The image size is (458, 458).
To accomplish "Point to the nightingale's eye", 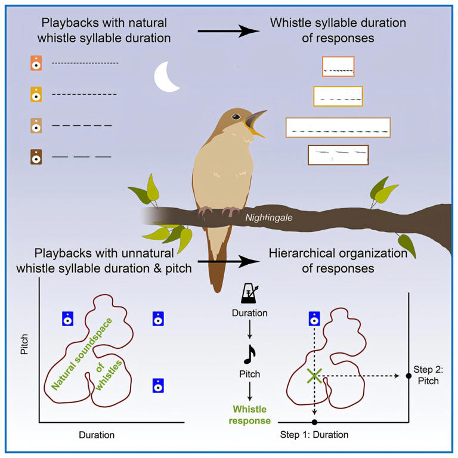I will click(237, 116).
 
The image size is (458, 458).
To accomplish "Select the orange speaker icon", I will click(36, 63).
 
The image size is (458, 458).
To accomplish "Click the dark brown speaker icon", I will click(36, 157).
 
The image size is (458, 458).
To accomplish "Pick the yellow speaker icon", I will click(36, 94).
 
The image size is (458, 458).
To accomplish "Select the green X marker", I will click(314, 375).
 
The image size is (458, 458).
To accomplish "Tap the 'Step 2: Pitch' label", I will click(425, 376).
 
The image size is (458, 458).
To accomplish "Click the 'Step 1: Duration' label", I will click(314, 435).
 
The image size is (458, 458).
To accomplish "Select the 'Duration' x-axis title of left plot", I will click(97, 435).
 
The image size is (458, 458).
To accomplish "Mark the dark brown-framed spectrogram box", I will click(338, 154).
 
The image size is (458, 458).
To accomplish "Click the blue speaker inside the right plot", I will click(314, 320).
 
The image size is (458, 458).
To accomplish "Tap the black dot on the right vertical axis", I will click(409, 376).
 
